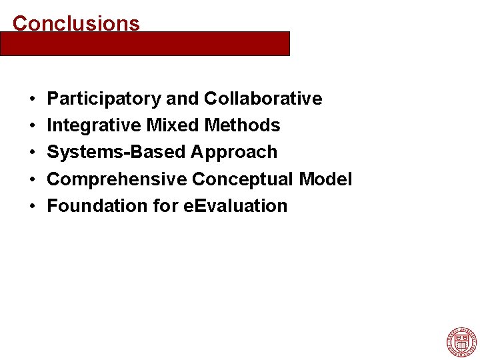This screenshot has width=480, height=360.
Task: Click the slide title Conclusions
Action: click(x=76, y=23)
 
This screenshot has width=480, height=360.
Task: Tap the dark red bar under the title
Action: click(x=145, y=43)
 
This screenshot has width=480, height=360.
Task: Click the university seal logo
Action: click(x=461, y=342)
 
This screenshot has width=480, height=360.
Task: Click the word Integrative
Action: click(x=94, y=125)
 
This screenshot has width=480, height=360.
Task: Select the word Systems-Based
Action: click(x=117, y=153)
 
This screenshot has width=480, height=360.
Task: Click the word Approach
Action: click(x=234, y=153)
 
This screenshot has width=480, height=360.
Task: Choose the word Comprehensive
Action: click(x=117, y=179)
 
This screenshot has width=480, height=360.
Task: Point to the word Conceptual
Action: click(x=243, y=179)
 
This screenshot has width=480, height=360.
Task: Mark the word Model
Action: click(x=326, y=179)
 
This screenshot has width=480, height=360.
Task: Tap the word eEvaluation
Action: click(x=235, y=206)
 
